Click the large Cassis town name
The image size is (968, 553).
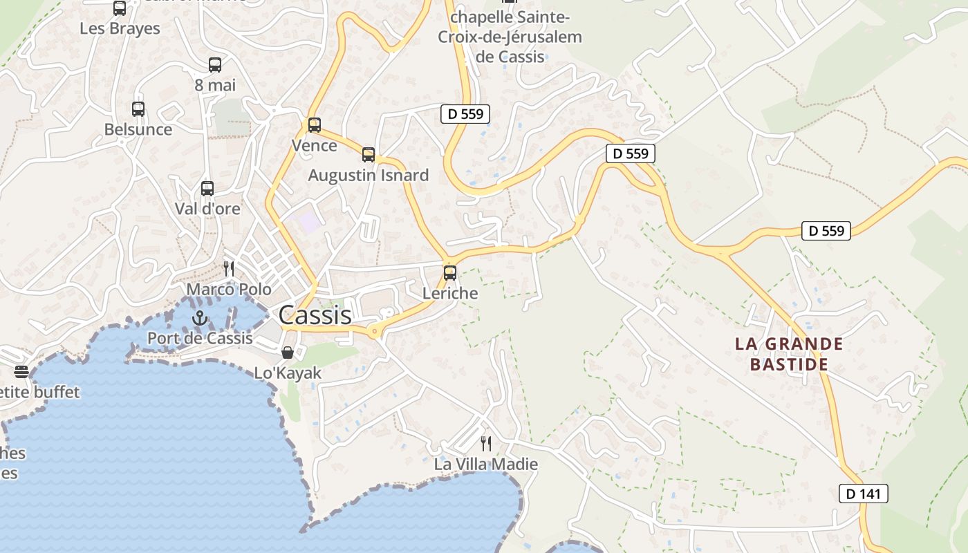[315, 315]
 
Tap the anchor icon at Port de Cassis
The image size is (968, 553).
[200, 318]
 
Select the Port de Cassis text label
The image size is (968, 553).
[200, 338]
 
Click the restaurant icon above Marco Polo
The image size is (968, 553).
[229, 268]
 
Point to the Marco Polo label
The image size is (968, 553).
[229, 289]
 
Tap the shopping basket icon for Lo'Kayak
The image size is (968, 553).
[288, 353]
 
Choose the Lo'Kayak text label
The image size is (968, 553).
[288, 373]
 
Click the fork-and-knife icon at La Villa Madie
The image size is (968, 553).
[486, 443]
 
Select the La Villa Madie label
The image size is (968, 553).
[486, 464]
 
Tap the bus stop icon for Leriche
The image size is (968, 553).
[450, 272]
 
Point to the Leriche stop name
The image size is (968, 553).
[450, 293]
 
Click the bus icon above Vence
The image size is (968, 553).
[315, 125]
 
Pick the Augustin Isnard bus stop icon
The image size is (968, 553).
[369, 155]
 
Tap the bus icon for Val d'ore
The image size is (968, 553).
[207, 188]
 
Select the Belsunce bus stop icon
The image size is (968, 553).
[138, 109]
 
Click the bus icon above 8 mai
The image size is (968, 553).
[215, 65]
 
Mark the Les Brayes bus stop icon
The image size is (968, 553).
[120, 8]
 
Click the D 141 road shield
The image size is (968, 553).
[863, 494]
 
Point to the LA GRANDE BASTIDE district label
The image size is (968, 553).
[789, 354]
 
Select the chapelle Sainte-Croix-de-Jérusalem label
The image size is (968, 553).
[510, 37]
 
